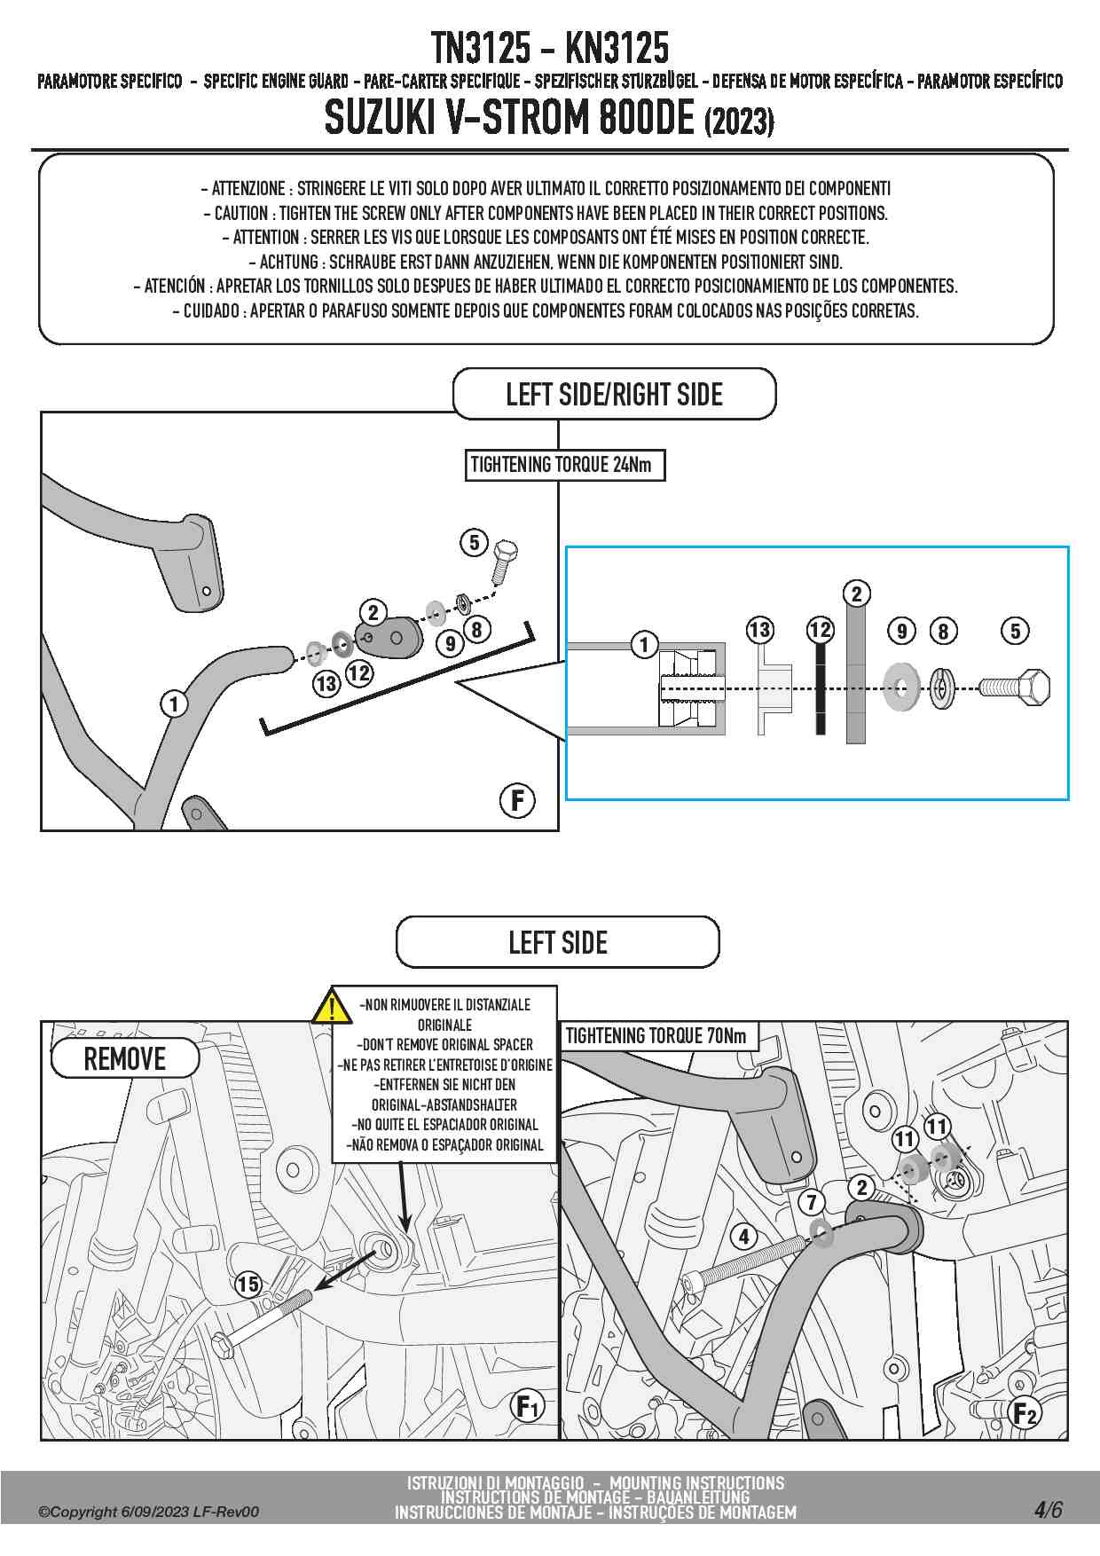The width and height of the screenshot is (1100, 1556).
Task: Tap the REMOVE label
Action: pyautogui.click(x=125, y=1058)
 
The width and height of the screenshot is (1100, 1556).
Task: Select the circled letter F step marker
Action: pyautogui.click(x=517, y=800)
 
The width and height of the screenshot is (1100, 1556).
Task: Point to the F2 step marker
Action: pyautogui.click(x=1025, y=1412)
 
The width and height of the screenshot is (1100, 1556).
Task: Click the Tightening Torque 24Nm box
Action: pyautogui.click(x=564, y=465)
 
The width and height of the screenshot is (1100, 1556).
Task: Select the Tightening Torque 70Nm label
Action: pyautogui.click(x=656, y=1035)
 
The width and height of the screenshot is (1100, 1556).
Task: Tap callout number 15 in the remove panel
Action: pyautogui.click(x=248, y=1284)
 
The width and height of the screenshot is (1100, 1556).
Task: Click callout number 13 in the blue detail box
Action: pyautogui.click(x=759, y=631)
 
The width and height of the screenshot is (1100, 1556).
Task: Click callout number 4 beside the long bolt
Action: pyautogui.click(x=743, y=1236)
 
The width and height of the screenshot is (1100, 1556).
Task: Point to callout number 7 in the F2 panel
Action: pyautogui.click(x=811, y=1202)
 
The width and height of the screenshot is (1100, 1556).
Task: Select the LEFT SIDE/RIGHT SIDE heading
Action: pyautogui.click(x=614, y=394)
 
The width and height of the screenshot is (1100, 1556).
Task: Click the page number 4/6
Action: pyautogui.click(x=1048, y=1509)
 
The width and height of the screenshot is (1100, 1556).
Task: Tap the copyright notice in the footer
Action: pyautogui.click(x=149, y=1512)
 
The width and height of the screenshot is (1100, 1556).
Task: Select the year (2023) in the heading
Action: pyautogui.click(x=739, y=122)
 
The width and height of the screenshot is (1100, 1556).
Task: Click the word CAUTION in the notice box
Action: pyautogui.click(x=241, y=213)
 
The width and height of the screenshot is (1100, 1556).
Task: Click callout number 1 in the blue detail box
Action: pyautogui.click(x=644, y=644)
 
